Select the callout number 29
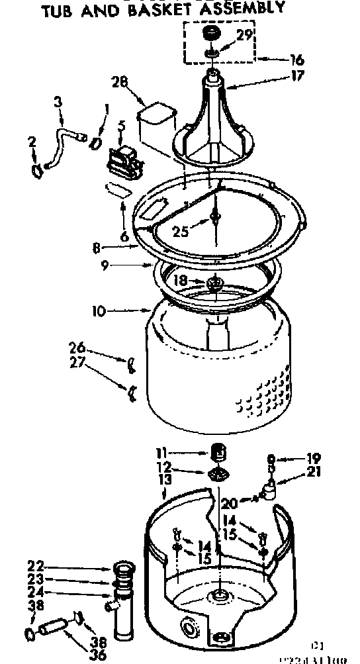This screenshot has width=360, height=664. click(x=245, y=36)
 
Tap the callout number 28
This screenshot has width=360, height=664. click(x=120, y=83)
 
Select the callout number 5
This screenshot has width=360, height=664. click(x=121, y=125)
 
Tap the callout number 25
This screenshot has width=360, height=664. click(x=181, y=232)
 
